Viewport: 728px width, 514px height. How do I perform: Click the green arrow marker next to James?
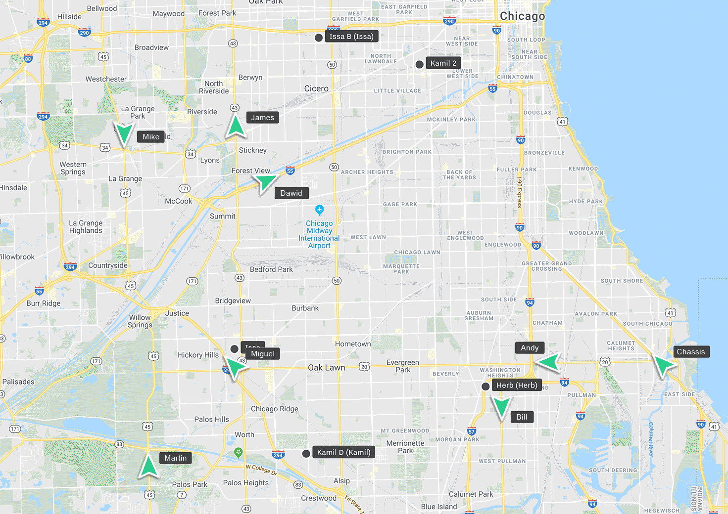[x=236, y=126]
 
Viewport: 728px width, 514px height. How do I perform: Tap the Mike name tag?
[x=151, y=137]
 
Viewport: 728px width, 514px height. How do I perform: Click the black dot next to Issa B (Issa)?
[x=319, y=38]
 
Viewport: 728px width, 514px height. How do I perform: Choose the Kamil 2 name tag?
[x=443, y=63]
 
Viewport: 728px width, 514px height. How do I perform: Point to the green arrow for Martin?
[x=148, y=467]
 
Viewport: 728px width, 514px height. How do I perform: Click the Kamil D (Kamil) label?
[x=343, y=452]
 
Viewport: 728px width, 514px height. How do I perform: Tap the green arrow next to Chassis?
[x=664, y=366]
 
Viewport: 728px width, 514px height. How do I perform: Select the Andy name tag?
[x=530, y=348]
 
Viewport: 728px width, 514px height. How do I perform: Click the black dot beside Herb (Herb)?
[x=485, y=386]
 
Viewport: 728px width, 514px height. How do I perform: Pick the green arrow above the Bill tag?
[x=501, y=408]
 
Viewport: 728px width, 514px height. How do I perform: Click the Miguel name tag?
[x=262, y=354]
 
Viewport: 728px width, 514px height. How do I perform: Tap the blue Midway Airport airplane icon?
[x=320, y=210]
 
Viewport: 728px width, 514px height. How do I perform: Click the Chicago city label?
[x=522, y=16]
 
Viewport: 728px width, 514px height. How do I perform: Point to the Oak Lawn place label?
[x=326, y=368]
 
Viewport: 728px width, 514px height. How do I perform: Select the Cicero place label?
[x=316, y=88]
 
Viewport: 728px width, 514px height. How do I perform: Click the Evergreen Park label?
[x=403, y=366]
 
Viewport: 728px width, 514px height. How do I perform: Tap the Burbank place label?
[x=305, y=308]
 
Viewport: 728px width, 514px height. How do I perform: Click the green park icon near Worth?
[x=239, y=452]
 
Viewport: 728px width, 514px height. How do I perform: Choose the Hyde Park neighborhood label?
[x=586, y=202]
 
